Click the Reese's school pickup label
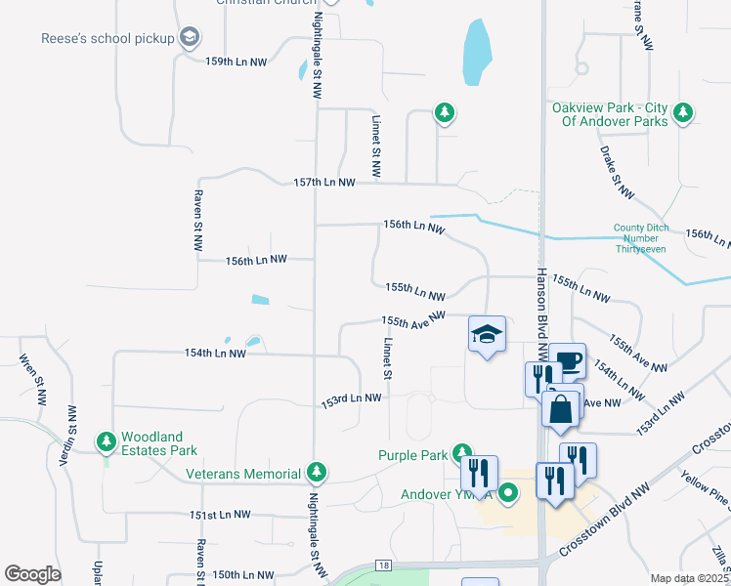(107, 38)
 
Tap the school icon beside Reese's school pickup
(190, 38)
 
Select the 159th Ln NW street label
(236, 62)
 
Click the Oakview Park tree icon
(683, 112)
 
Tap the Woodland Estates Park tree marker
(106, 442)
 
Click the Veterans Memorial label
(243, 474)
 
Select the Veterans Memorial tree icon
(316, 474)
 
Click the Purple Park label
(414, 454)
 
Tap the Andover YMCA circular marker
(507, 493)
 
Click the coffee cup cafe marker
(567, 361)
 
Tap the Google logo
(32, 574)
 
